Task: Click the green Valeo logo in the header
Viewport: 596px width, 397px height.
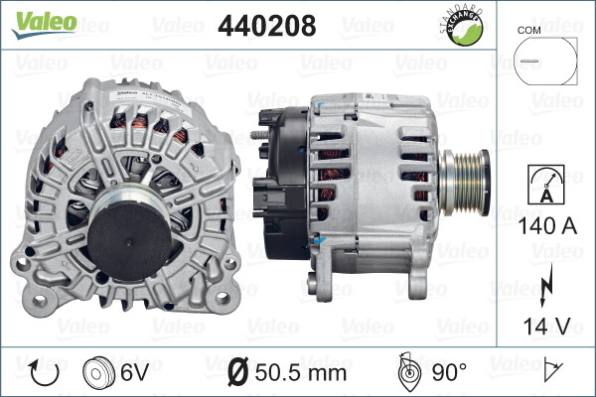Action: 44,25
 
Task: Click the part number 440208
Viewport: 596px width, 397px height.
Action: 267,26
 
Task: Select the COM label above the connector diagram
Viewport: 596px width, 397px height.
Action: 528,31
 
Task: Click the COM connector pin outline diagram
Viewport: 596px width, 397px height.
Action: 545,61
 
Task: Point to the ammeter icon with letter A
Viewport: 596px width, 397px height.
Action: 546,185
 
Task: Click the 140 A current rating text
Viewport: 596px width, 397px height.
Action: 547,226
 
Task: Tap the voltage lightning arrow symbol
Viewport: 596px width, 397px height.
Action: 546,284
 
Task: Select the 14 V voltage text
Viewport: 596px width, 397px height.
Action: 546,326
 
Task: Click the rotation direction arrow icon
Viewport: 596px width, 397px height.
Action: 44,372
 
